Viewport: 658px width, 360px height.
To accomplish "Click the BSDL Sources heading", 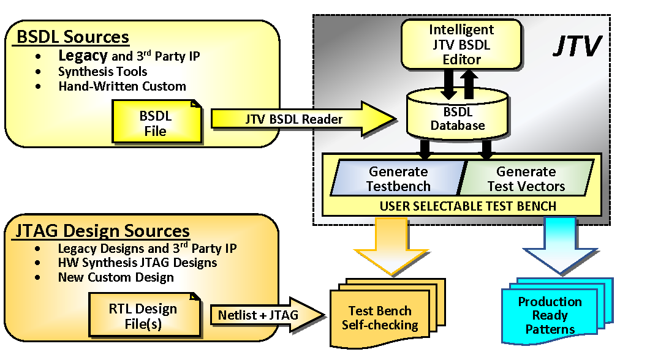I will pos(72,36).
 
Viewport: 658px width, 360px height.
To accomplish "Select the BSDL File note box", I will pos(156,123).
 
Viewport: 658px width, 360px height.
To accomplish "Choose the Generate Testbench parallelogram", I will pos(398,178).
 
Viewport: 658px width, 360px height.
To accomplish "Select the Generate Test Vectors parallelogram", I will pos(526,178).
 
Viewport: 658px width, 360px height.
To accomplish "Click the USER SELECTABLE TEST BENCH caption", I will pos(467,206).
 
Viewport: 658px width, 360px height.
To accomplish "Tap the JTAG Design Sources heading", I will pos(102,231).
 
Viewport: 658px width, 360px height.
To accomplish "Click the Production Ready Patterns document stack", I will pos(550,315).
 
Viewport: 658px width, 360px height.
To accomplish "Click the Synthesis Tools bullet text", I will pos(102,72).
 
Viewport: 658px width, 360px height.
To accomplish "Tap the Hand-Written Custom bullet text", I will pos(122,86).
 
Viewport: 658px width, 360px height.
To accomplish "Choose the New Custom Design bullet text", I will pos(116,277).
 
